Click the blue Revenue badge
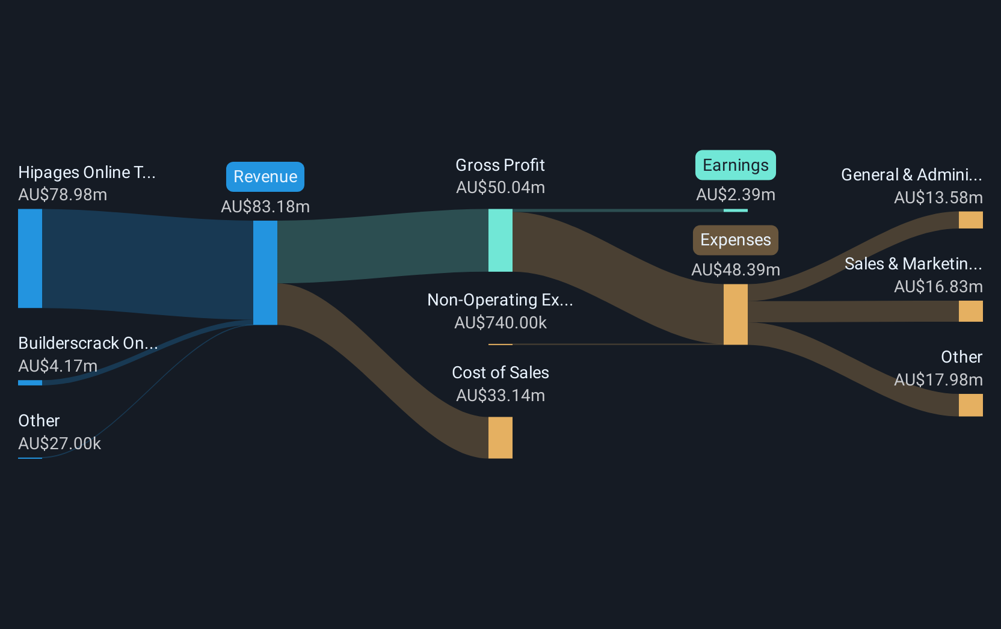click(265, 177)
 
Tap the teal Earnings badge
click(735, 165)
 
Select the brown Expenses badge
click(735, 240)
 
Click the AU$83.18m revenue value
click(265, 207)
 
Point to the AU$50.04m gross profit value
click(500, 188)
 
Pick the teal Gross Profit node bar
click(500, 241)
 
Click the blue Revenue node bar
click(265, 272)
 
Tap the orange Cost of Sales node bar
click(500, 438)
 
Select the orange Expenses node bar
click(735, 314)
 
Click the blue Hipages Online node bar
click(30, 259)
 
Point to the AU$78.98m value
click(63, 195)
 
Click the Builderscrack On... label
click(88, 343)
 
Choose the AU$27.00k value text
click(60, 444)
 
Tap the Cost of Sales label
click(500, 373)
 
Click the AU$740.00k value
click(500, 323)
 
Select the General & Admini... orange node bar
click(970, 220)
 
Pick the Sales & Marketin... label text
click(913, 264)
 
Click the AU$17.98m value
click(938, 380)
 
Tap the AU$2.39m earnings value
click(735, 195)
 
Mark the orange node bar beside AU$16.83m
click(970, 311)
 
